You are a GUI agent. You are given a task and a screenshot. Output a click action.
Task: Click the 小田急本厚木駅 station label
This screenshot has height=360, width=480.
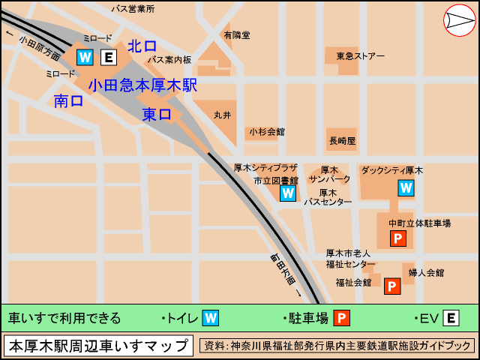click(x=142, y=85)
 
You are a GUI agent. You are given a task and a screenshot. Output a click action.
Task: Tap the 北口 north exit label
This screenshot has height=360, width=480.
click(x=142, y=46)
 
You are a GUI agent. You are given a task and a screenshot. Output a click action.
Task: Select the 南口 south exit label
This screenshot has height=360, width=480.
click(x=68, y=101)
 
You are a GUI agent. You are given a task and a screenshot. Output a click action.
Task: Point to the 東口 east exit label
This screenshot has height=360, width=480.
click(x=157, y=115)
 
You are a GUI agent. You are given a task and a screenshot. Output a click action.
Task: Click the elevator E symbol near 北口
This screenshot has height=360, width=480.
click(x=109, y=57)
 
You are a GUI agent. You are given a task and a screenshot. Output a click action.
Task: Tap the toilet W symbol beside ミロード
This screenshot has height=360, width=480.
click(x=85, y=57)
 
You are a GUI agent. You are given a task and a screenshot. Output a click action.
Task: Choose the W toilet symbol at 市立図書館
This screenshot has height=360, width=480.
click(x=288, y=193)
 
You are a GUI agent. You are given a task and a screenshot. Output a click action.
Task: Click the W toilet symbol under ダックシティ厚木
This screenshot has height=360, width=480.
click(x=406, y=187)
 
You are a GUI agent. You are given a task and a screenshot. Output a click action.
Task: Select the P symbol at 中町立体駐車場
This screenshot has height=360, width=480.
click(x=397, y=238)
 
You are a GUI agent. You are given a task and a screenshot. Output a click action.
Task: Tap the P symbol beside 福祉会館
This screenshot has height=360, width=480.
click(x=392, y=286)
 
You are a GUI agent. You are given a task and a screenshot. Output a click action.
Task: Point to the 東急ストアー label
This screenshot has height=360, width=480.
click(x=360, y=56)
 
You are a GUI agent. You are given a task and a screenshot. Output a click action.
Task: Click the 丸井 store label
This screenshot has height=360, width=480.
click(x=223, y=115)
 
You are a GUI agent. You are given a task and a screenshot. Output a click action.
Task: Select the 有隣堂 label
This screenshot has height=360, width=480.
click(x=237, y=35)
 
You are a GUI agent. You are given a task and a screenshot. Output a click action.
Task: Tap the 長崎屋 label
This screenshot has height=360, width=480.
click(x=342, y=140)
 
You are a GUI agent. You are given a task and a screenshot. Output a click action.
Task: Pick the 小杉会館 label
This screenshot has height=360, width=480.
click(x=267, y=131)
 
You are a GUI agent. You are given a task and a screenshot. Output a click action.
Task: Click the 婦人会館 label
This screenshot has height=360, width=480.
click(x=426, y=273)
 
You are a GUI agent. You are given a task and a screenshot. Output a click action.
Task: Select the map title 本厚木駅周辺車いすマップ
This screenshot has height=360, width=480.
click(x=98, y=346)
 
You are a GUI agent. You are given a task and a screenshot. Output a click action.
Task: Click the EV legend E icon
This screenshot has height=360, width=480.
click(x=451, y=319)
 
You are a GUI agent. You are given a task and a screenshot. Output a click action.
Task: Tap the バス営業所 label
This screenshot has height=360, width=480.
click(x=132, y=9)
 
